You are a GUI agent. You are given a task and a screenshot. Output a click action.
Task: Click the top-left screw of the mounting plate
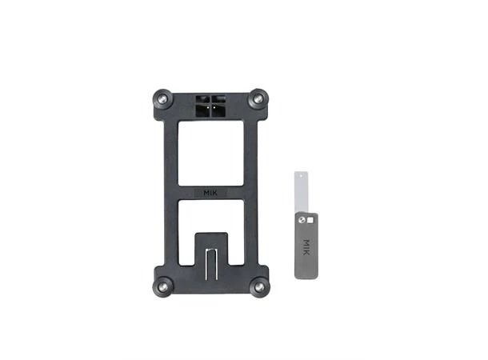[x=162, y=99]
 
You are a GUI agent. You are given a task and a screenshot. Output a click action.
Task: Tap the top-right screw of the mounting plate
[x=258, y=99]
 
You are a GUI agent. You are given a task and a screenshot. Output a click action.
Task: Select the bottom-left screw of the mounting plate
[x=162, y=287]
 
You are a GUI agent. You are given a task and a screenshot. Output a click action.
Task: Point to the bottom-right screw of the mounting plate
[x=259, y=287]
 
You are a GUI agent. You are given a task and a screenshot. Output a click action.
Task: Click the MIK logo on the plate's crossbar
[x=210, y=193]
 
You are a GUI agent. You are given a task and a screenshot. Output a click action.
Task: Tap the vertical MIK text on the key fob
[x=306, y=247]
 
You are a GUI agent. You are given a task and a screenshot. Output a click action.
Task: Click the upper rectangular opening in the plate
[x=210, y=153]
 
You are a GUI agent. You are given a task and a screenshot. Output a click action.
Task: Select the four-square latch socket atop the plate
[x=210, y=106]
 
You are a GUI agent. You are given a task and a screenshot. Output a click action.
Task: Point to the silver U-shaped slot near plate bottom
[x=212, y=264]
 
